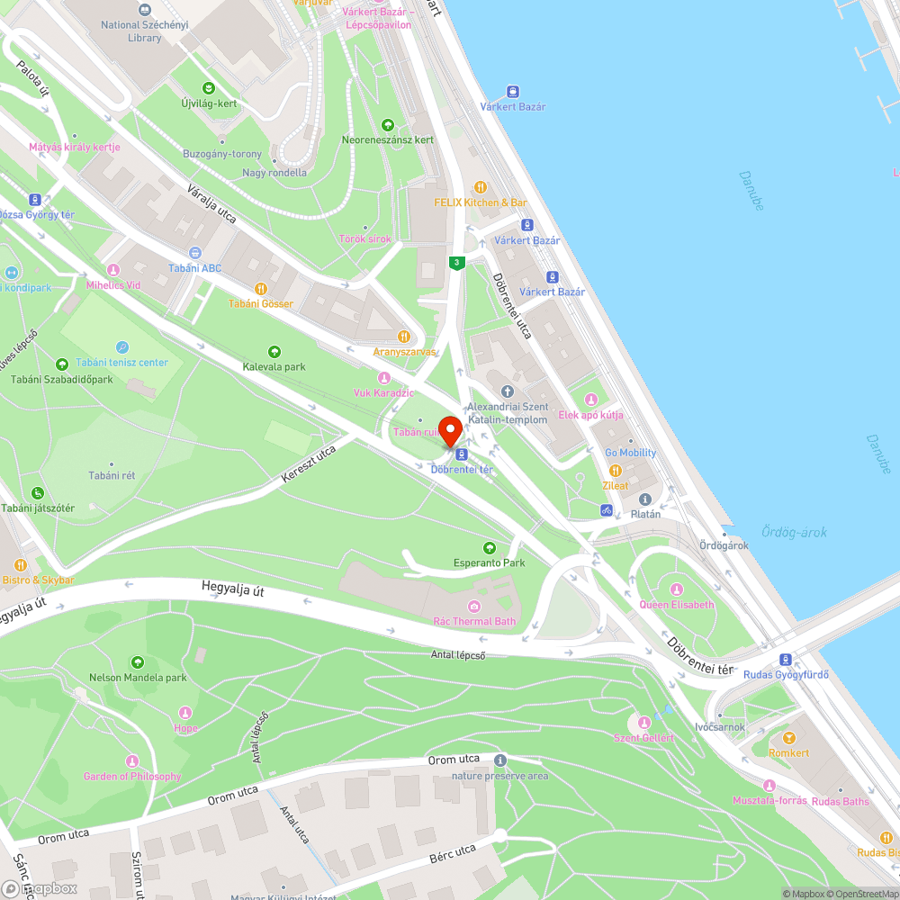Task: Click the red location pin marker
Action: point(450,429)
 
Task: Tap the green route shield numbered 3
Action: point(457,263)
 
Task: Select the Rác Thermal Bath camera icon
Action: point(474,606)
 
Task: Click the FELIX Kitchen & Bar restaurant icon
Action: point(481,187)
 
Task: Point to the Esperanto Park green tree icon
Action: point(490,547)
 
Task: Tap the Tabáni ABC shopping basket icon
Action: point(195,253)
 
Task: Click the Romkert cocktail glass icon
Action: point(789,737)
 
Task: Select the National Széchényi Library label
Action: point(144,31)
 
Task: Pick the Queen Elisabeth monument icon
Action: point(676,589)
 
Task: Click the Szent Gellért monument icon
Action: point(643,722)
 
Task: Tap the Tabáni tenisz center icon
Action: point(122,347)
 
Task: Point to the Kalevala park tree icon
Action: point(274,351)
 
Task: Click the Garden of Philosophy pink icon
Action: point(132,760)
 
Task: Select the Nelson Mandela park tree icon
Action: point(138,661)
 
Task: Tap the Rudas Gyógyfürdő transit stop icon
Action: point(785,659)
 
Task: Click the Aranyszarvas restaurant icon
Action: point(404,337)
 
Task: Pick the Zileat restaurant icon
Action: point(616,470)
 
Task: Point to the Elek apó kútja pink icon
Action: point(591,400)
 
